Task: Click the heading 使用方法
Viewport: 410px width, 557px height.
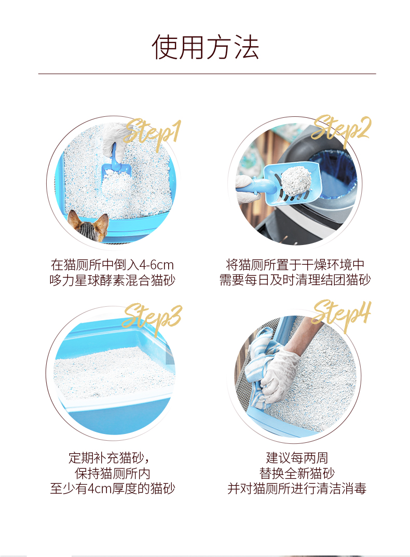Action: point(205,47)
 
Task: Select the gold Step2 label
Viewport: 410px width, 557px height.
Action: point(341,130)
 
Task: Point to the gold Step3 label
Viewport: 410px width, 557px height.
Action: point(152,318)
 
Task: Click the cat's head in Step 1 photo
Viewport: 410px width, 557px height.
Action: point(89,226)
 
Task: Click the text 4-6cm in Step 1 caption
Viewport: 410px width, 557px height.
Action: point(156,265)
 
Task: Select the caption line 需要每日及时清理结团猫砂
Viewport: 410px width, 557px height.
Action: point(295,280)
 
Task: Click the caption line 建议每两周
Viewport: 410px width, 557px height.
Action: point(297,458)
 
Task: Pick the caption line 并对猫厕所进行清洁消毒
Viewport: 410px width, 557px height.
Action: point(297,488)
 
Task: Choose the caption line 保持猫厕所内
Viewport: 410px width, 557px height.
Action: point(112,473)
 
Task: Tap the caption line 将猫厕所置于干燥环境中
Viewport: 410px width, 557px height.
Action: point(295,265)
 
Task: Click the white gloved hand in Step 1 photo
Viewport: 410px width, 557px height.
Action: point(114,140)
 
